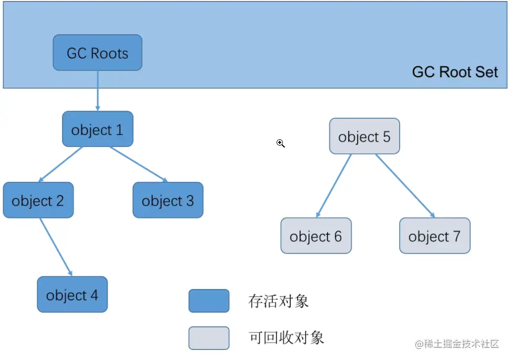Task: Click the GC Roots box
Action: pyautogui.click(x=97, y=53)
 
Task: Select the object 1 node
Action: pyautogui.click(x=97, y=129)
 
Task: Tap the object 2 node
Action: pyautogui.click(x=38, y=200)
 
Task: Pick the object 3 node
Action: pyautogui.click(x=168, y=200)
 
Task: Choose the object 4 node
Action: pyautogui.click(x=72, y=294)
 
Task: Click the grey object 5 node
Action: pyautogui.click(x=364, y=137)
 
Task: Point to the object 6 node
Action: pyautogui.click(x=315, y=236)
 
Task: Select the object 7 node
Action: pyautogui.click(x=434, y=236)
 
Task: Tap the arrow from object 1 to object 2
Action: pyautogui.click(x=60, y=164)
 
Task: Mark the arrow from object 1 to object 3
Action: pyautogui.click(x=139, y=164)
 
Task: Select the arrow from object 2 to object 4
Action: pyautogui.click(x=56, y=246)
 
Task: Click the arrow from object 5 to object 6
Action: pyautogui.click(x=334, y=186)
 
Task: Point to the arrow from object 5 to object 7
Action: pyautogui.click(x=405, y=186)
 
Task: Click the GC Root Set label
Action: pyautogui.click(x=455, y=72)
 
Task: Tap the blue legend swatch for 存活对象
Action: pyautogui.click(x=209, y=301)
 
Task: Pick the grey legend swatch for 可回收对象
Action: pyautogui.click(x=209, y=338)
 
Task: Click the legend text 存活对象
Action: pyautogui.click(x=278, y=301)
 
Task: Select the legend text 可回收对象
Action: pyautogui.click(x=286, y=337)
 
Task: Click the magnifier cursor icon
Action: pyautogui.click(x=281, y=143)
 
